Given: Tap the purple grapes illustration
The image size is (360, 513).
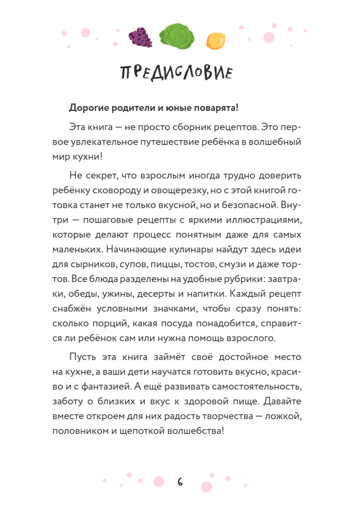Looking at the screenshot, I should point(140,36).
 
